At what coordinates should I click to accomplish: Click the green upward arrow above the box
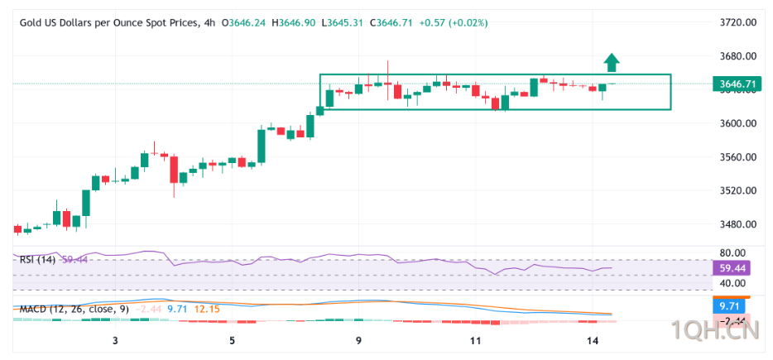click(x=611, y=62)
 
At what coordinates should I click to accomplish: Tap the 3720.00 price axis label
click(x=738, y=23)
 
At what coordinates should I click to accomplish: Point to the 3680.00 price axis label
click(x=738, y=56)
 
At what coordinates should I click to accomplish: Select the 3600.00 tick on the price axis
click(x=738, y=123)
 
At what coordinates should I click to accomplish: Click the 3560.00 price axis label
click(x=738, y=157)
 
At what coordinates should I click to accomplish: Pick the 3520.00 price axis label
click(x=738, y=190)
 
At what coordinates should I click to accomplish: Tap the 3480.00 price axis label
click(x=738, y=224)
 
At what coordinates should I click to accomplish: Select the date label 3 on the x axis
click(x=115, y=341)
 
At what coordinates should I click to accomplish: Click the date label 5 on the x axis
click(x=233, y=341)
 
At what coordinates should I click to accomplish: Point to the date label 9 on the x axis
click(x=358, y=341)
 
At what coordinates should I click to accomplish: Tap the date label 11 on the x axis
click(x=475, y=341)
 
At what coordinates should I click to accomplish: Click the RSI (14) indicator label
click(x=37, y=260)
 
